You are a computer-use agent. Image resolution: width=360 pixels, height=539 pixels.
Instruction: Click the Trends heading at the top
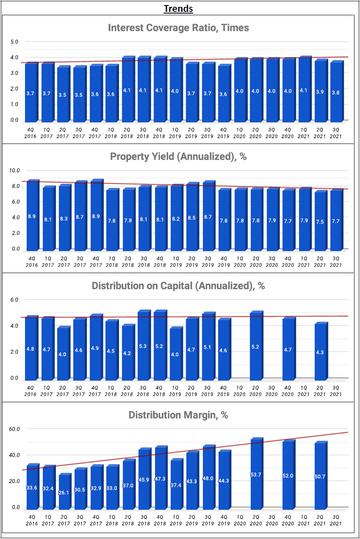click(x=178, y=8)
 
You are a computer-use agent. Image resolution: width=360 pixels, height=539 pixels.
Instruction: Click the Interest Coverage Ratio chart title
click(x=178, y=28)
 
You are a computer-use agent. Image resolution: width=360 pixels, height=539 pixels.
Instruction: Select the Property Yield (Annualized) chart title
click(x=178, y=157)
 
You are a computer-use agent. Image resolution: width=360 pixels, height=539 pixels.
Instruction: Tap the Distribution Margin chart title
click(x=178, y=415)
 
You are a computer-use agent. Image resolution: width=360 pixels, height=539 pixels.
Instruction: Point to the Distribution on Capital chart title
click(x=178, y=286)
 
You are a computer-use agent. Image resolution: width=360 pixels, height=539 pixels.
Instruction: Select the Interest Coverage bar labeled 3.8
click(x=336, y=92)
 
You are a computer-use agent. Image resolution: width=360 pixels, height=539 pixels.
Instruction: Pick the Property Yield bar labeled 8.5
click(x=191, y=217)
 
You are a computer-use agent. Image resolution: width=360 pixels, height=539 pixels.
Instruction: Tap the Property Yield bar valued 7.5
click(x=320, y=221)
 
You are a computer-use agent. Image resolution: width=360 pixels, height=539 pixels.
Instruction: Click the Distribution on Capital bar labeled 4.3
click(x=320, y=351)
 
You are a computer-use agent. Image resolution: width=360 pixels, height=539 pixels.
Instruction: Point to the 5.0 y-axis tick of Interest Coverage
click(x=14, y=42)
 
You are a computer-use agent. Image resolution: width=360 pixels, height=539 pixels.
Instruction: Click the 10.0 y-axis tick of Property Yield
click(x=14, y=171)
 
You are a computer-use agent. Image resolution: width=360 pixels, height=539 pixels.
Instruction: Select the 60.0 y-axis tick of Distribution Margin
click(x=14, y=429)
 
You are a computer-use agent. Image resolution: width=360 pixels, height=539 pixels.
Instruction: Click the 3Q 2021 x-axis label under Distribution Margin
click(x=336, y=520)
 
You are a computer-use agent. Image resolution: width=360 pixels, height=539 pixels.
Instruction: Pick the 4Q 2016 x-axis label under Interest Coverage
click(x=30, y=133)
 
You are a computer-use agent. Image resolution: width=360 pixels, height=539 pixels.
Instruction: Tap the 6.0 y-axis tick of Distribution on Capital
click(x=14, y=300)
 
